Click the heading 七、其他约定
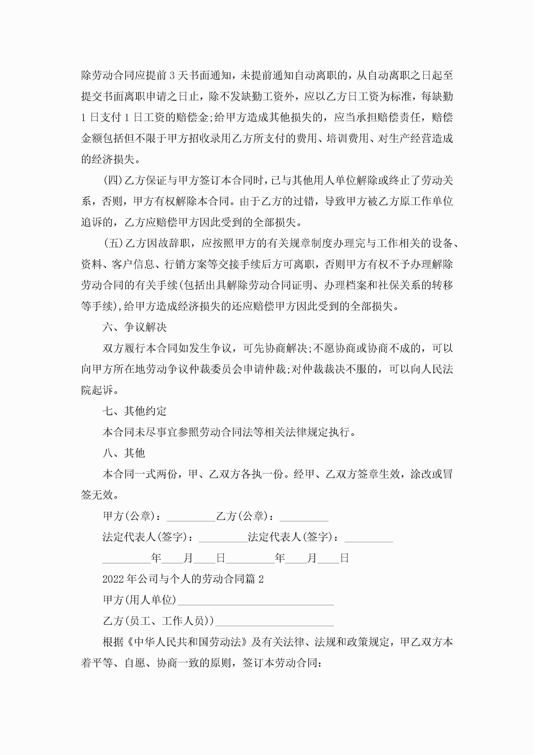[x=135, y=411]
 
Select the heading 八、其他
[x=124, y=453]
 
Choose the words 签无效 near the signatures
[x=97, y=495]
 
